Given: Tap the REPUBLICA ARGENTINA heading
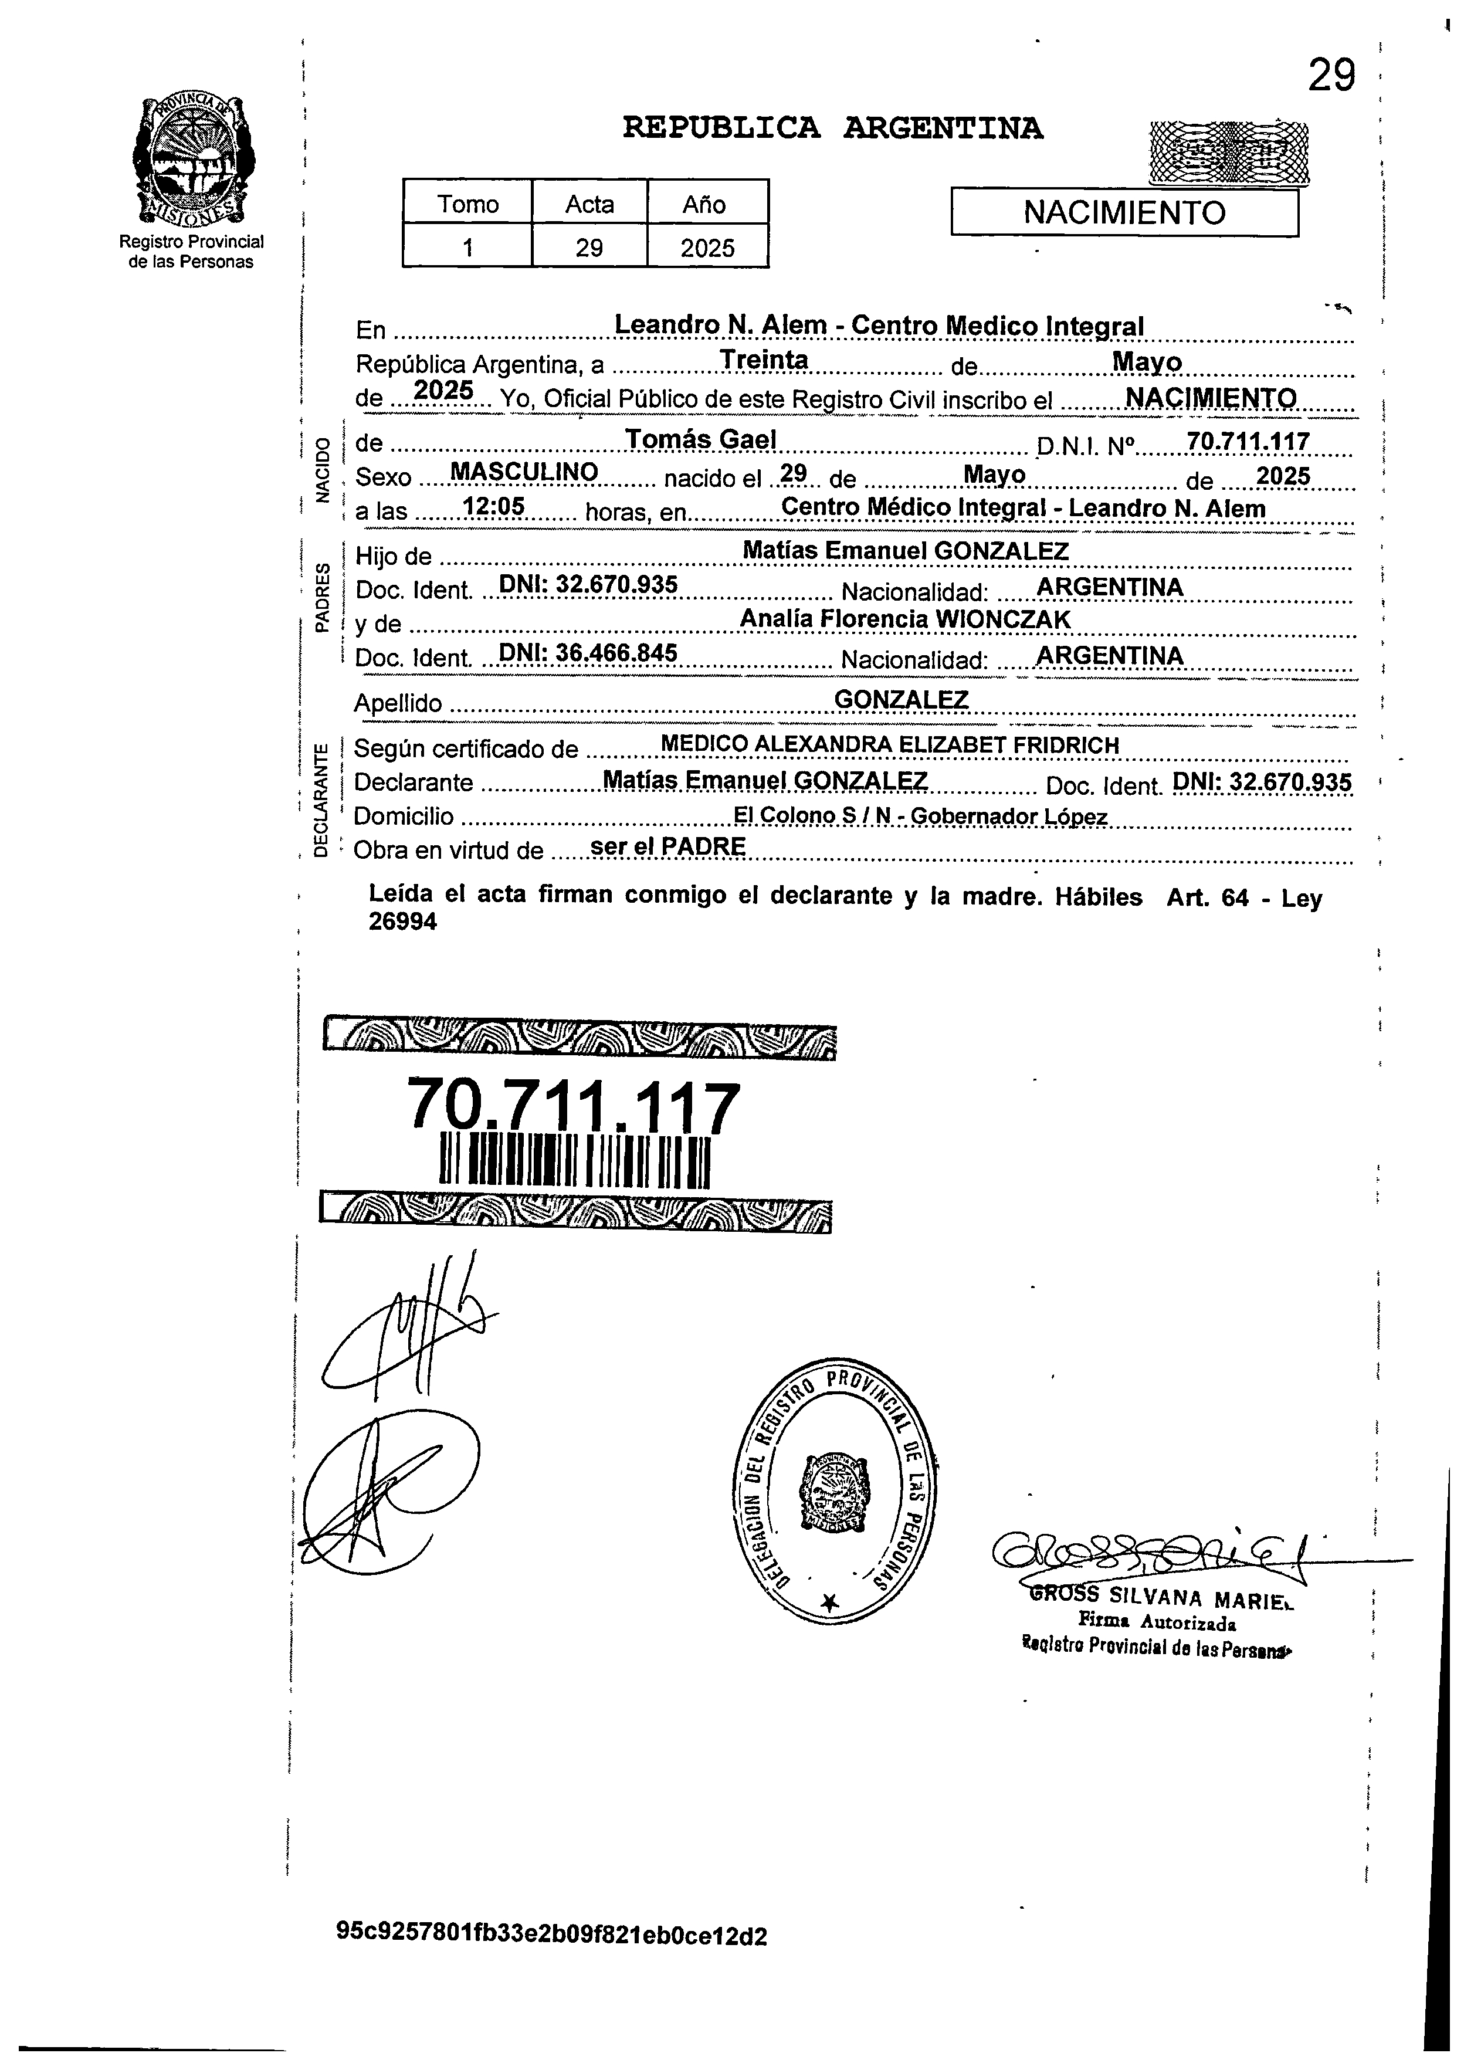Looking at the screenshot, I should [x=832, y=129].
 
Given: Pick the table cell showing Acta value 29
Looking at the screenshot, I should [x=589, y=247].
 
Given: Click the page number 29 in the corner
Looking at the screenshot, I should [x=1331, y=76].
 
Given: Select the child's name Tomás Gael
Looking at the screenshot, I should [x=700, y=439].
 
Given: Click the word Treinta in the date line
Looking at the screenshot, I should [x=764, y=360].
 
